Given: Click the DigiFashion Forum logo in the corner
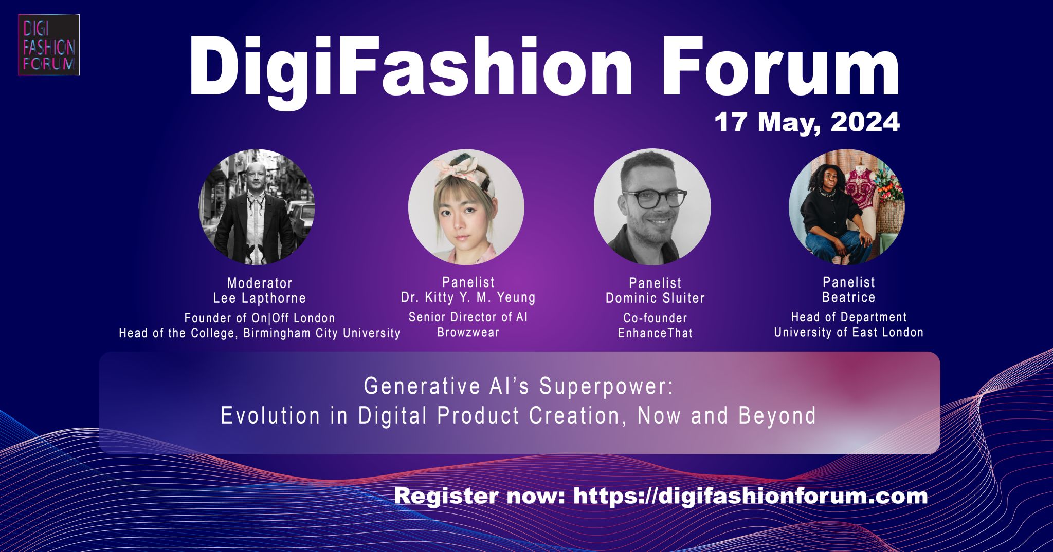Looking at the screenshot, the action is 49,45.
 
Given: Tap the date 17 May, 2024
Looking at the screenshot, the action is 807,123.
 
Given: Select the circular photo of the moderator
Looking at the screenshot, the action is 257,207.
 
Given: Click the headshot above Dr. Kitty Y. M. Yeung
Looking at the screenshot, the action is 466,207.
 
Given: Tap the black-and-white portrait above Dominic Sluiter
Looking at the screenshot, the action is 652,207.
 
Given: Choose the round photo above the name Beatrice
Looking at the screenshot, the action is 847,207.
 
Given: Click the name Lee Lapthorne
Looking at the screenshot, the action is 260,298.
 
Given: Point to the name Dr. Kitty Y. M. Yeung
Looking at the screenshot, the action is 468,297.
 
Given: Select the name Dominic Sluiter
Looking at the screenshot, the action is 655,298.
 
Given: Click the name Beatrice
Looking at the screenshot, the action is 849,297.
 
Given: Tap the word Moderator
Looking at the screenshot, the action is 260,283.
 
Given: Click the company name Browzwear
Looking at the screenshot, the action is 468,332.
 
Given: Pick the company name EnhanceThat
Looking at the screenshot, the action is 655,333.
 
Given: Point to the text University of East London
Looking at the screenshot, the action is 849,332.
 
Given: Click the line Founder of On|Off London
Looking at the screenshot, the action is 260,318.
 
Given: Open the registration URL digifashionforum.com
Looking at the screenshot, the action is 750,496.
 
